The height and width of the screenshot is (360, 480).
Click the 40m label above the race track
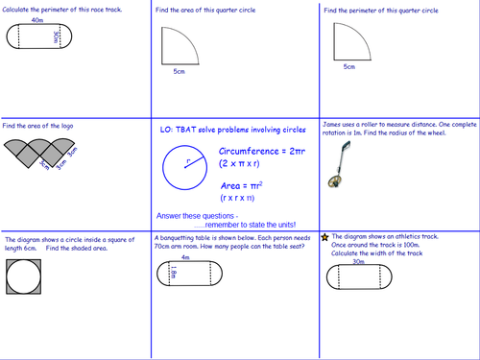[36, 19]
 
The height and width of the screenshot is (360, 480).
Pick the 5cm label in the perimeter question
[348, 67]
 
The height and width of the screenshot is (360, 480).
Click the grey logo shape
[42, 152]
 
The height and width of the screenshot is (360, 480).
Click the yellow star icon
[325, 235]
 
